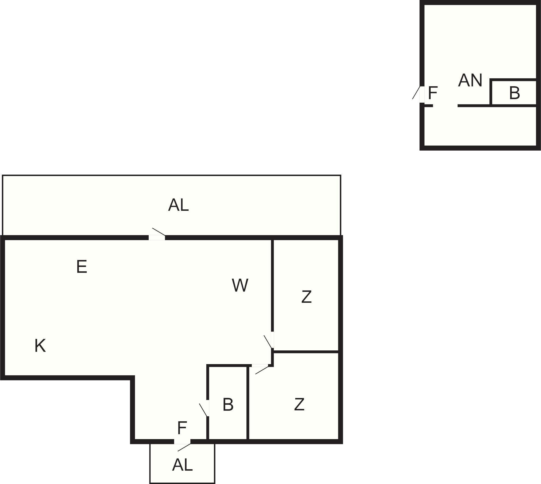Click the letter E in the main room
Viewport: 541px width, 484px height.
tap(82, 267)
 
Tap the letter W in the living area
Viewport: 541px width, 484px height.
tap(240, 285)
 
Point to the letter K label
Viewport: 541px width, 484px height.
tap(40, 345)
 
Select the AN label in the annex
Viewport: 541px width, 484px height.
tap(470, 80)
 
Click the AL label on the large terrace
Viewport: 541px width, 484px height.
tap(178, 205)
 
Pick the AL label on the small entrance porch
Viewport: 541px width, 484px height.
tap(183, 465)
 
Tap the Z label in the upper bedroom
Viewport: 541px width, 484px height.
tap(307, 296)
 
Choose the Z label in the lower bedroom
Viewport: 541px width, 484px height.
tap(299, 404)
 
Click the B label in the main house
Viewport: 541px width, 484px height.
tap(228, 404)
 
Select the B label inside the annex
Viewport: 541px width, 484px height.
tap(514, 93)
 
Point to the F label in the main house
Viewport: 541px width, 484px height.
tap(182, 428)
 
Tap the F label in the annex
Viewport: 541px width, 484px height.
tap(433, 93)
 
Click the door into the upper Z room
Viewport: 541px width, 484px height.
tap(272, 340)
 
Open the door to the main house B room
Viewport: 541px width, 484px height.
tap(208, 408)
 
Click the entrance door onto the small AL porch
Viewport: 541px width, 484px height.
tap(183, 442)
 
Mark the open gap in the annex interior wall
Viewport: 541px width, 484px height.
tap(445, 106)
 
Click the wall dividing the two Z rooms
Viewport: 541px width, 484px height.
tap(306, 352)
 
